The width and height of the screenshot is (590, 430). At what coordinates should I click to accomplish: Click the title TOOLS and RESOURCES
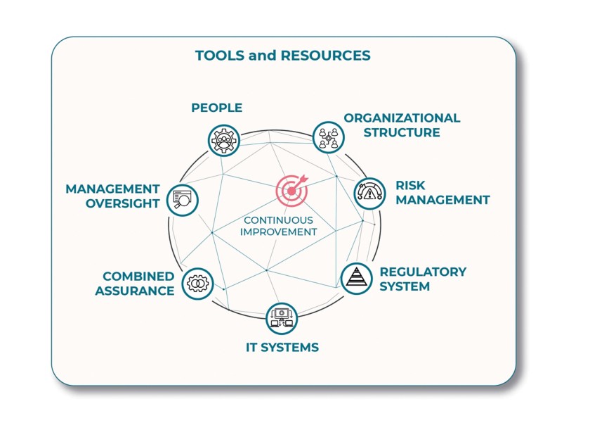point(282,56)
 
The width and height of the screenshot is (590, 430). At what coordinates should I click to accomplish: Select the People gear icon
point(224,139)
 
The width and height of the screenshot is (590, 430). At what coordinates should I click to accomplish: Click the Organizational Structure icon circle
point(327,137)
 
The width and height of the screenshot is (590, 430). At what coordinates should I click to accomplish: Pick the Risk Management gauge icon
point(369,193)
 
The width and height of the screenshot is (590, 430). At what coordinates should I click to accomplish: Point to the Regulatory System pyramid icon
point(356,278)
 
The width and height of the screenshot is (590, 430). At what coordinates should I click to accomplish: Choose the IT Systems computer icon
point(282,318)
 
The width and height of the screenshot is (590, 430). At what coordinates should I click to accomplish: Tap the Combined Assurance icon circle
point(198,284)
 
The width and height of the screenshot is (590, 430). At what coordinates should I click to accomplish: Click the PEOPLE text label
point(216,108)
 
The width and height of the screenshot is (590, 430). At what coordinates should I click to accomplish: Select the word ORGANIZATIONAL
point(402,118)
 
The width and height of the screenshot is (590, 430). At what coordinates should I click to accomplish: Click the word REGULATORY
point(423,272)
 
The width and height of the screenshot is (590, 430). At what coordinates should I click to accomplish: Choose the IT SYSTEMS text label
point(282,347)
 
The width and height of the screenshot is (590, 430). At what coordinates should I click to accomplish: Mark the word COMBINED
point(138,276)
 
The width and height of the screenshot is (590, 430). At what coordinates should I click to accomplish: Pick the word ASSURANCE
point(135,290)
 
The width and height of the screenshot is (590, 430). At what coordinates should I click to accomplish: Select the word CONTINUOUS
point(278,220)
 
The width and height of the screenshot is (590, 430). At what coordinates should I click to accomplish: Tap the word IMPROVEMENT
point(279,232)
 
